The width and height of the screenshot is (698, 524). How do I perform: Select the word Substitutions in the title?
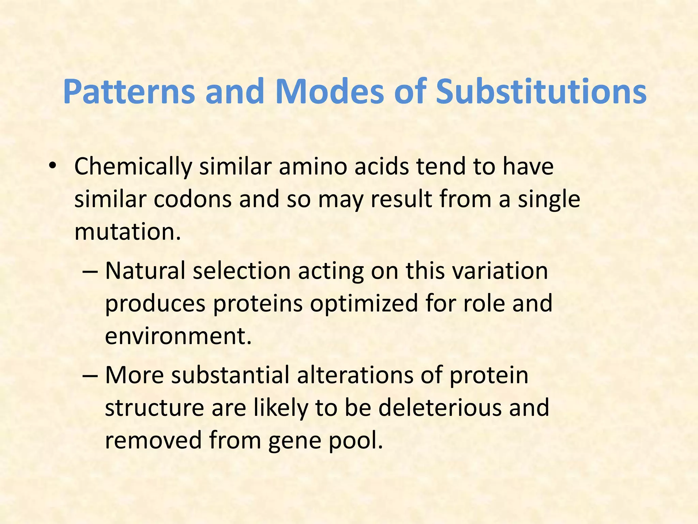pyautogui.click(x=541, y=91)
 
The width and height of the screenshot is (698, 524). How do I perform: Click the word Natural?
pyautogui.click(x=146, y=271)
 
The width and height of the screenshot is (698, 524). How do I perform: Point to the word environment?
pyautogui.click(x=177, y=336)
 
